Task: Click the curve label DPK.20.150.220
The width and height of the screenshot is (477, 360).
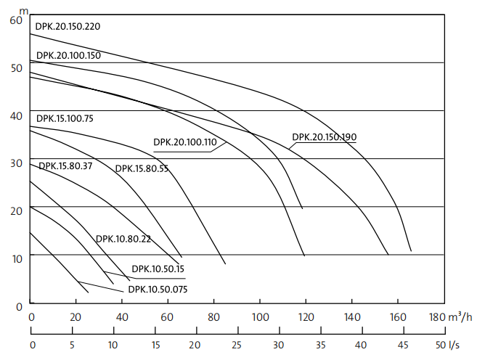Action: [68, 27]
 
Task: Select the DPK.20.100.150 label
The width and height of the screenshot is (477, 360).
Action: [68, 55]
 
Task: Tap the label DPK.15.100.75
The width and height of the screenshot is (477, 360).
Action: [65, 118]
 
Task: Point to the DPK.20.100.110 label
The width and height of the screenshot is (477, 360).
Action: [184, 142]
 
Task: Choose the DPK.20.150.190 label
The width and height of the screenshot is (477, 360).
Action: [325, 137]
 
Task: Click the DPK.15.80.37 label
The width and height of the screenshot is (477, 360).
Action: [65, 166]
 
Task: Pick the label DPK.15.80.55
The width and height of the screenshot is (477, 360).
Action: [142, 169]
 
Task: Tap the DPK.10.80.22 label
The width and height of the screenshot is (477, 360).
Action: [123, 239]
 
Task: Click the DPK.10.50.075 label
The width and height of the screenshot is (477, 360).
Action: [158, 289]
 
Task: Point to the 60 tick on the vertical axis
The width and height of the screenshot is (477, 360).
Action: [17, 20]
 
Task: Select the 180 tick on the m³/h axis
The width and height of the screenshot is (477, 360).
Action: [436, 317]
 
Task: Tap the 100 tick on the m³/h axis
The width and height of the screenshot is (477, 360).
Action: [261, 317]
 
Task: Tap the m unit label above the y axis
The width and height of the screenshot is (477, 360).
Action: [25, 9]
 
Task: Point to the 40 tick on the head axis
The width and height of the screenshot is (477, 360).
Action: [17, 115]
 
